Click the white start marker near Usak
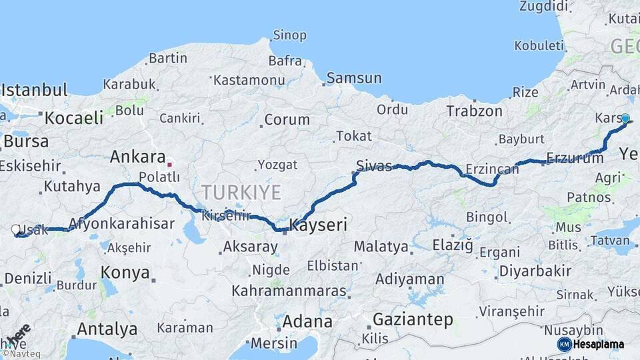coord(15,230)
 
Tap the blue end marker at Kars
coord(625,119)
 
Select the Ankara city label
coord(137,157)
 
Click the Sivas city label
coord(374,166)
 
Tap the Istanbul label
coord(35,90)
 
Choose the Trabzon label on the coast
coord(474,111)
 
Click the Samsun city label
coord(354,78)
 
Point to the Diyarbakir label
coord(535,271)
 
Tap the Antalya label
coord(107,329)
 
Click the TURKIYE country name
coord(241,193)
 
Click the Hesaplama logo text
coord(599,345)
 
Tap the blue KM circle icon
coord(564,344)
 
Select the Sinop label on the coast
coord(289,35)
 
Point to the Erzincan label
coord(492,169)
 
